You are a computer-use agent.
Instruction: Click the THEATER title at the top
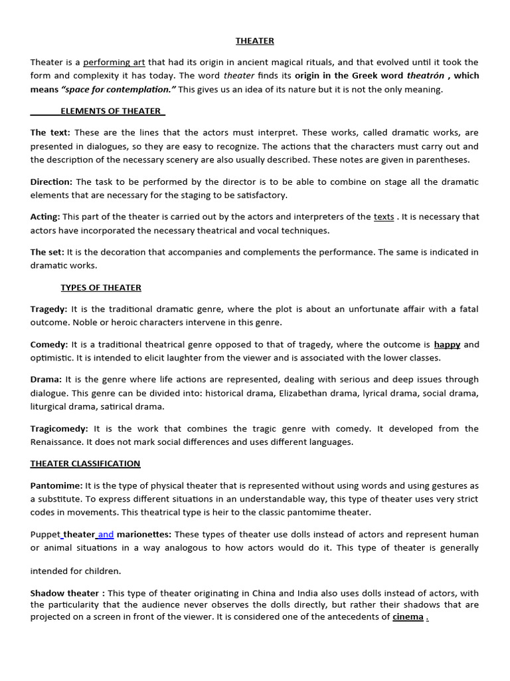pyautogui.click(x=255, y=41)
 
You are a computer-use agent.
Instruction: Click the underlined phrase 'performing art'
pyautogui.click(x=114, y=63)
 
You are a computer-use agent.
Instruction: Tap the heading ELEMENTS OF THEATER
pyautogui.click(x=112, y=111)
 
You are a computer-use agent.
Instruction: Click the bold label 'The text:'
pyautogui.click(x=50, y=133)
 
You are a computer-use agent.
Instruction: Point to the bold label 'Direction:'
pyautogui.click(x=51, y=182)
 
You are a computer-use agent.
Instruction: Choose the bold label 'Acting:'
pyautogui.click(x=45, y=217)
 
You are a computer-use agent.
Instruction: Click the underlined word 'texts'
pyautogui.click(x=384, y=217)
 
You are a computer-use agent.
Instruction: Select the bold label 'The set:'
pyautogui.click(x=47, y=252)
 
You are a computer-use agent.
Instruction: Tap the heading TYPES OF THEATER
pyautogui.click(x=101, y=287)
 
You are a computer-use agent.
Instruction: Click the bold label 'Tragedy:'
pyautogui.click(x=48, y=309)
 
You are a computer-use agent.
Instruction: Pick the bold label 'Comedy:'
pyautogui.click(x=49, y=344)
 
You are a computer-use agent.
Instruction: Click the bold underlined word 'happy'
pyautogui.click(x=447, y=344)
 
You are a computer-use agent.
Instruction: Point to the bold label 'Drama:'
pyautogui.click(x=46, y=380)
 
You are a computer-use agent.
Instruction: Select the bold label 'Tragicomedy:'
pyautogui.click(x=59, y=428)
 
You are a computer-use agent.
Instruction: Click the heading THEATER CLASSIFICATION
pyautogui.click(x=85, y=464)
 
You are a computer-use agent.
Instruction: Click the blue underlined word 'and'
pyautogui.click(x=106, y=534)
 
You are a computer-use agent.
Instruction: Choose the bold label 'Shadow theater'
pyautogui.click(x=64, y=593)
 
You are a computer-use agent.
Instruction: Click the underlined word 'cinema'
pyautogui.click(x=408, y=617)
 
